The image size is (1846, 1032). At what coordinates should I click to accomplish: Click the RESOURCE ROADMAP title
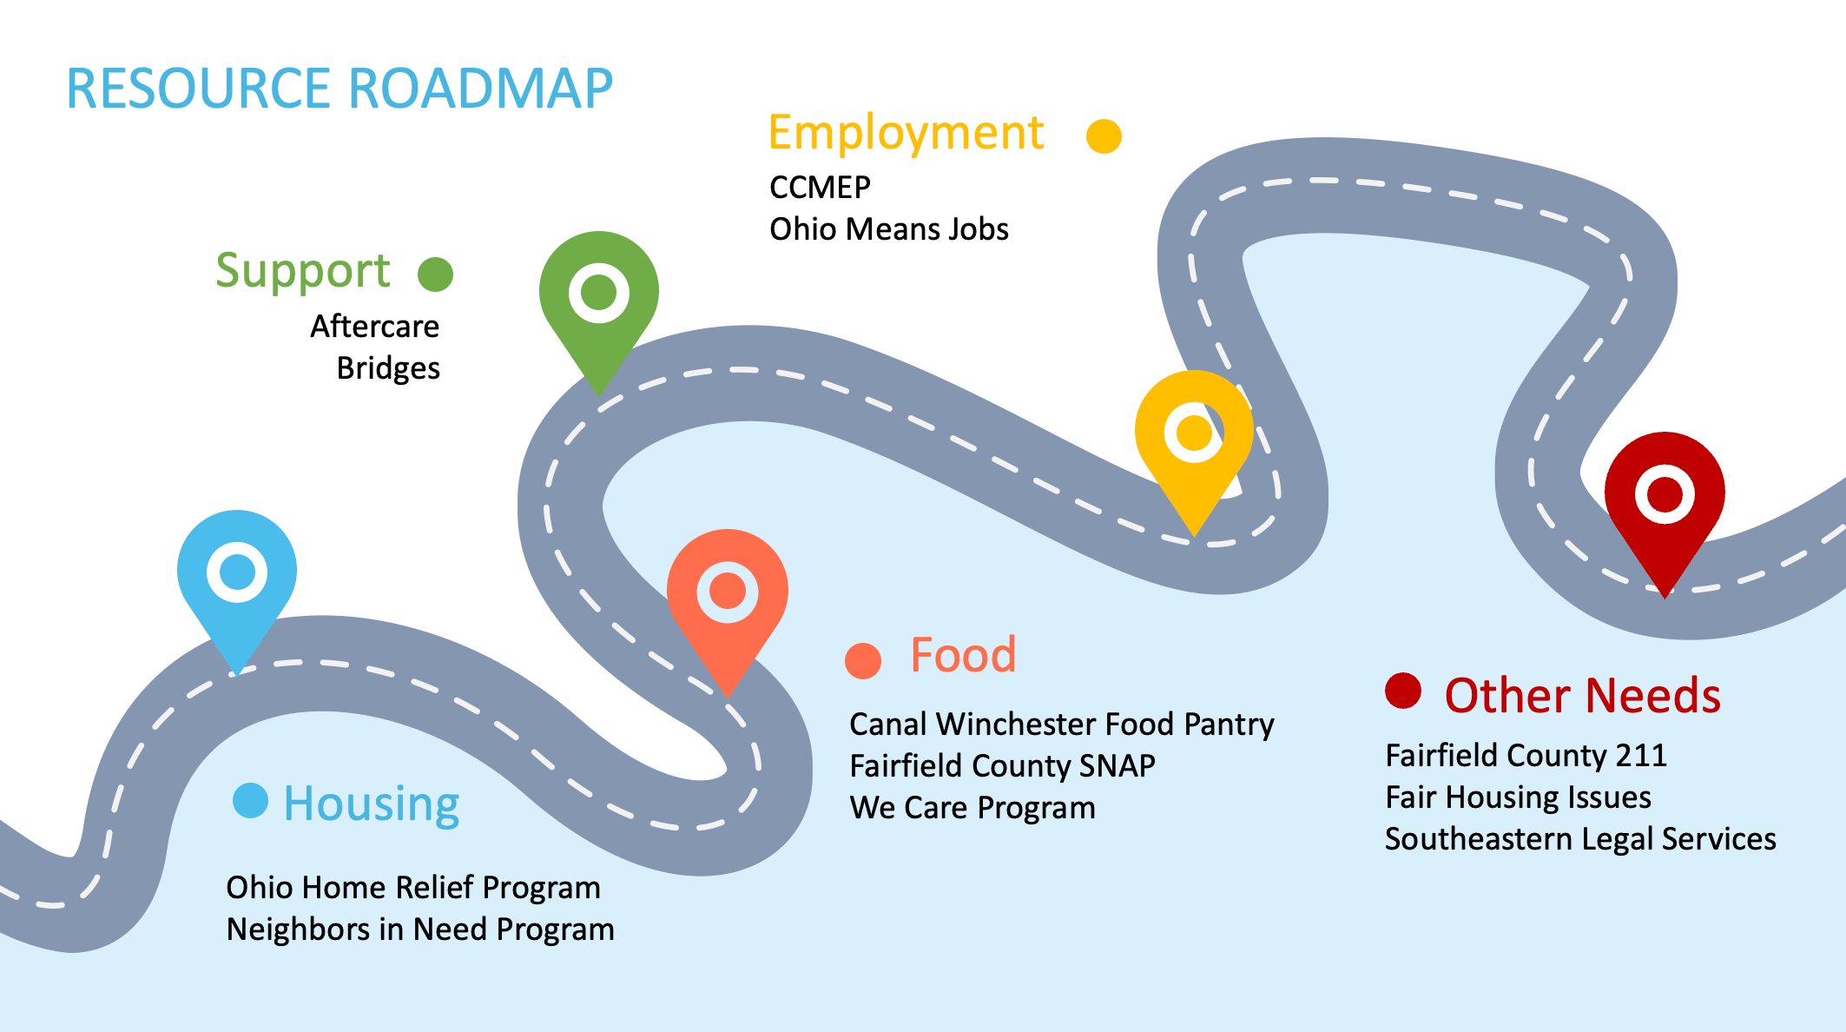pyautogui.click(x=340, y=89)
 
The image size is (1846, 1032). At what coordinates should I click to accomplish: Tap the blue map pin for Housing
pyautogui.click(x=237, y=573)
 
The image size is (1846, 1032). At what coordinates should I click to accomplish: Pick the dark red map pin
pyautogui.click(x=1664, y=495)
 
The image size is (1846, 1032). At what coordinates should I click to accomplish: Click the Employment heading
pyautogui.click(x=906, y=134)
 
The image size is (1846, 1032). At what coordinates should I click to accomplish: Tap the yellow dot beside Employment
pyautogui.click(x=1104, y=136)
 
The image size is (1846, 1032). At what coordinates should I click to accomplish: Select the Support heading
pyautogui.click(x=303, y=271)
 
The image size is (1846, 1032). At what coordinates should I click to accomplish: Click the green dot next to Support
pyautogui.click(x=435, y=275)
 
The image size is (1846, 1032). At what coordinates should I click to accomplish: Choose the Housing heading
pyautogui.click(x=372, y=804)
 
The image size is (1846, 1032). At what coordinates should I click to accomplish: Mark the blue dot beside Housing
pyautogui.click(x=250, y=800)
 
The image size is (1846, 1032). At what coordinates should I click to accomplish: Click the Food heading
pyautogui.click(x=963, y=655)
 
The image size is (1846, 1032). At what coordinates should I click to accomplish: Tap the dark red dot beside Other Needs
pyautogui.click(x=1402, y=691)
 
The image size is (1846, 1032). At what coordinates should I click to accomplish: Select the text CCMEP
pyautogui.click(x=820, y=188)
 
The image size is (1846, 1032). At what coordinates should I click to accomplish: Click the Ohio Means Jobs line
pyautogui.click(x=889, y=229)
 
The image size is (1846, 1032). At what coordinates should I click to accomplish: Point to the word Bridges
pyautogui.click(x=388, y=368)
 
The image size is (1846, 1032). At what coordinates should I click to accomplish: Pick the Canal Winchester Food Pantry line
pyautogui.click(x=1061, y=724)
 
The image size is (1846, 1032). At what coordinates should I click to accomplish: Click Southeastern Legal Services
pyautogui.click(x=1580, y=839)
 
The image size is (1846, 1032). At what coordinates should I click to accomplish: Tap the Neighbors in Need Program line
pyautogui.click(x=420, y=929)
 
